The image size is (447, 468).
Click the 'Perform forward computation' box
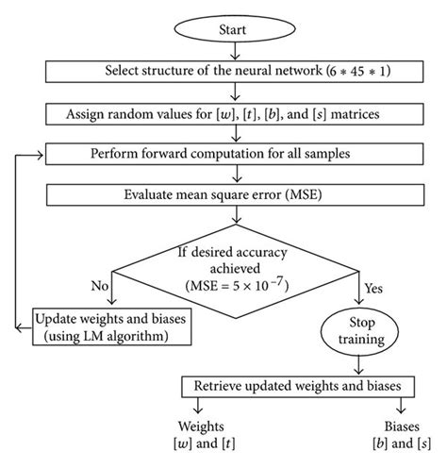[232, 153]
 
